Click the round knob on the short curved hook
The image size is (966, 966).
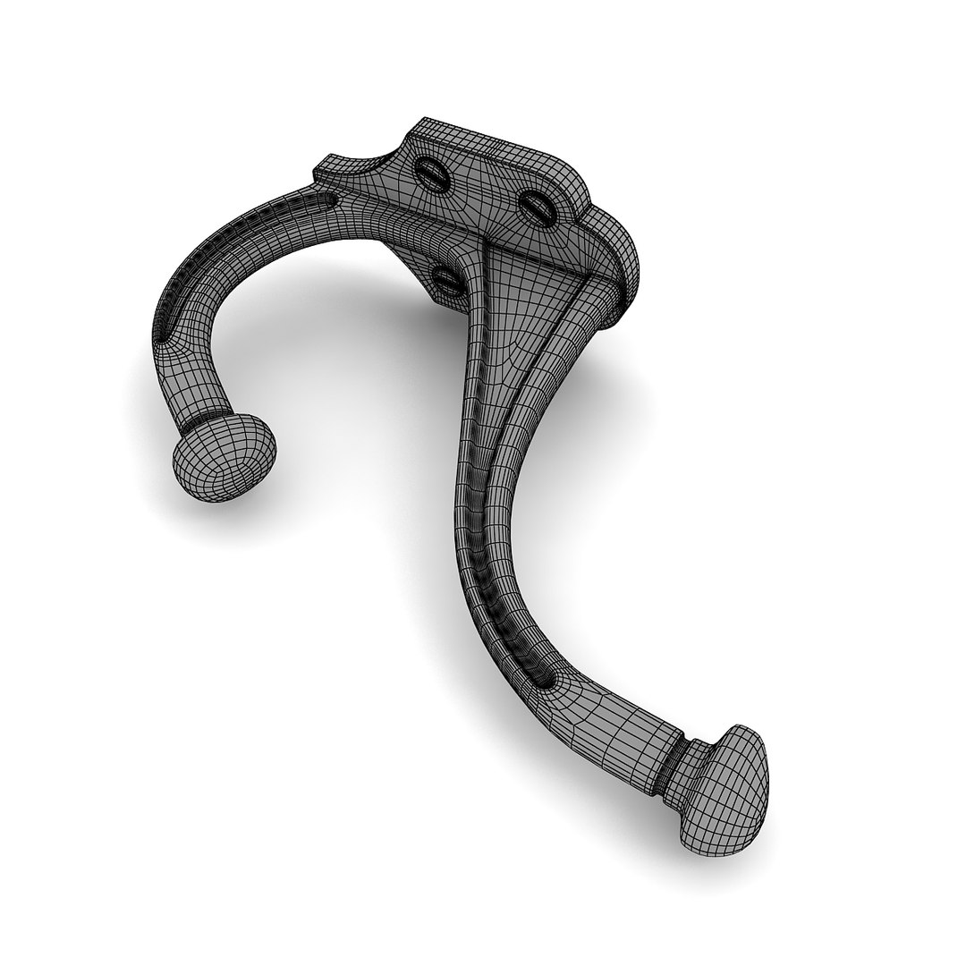click(223, 457)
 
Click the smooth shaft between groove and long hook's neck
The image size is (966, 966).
click(617, 716)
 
